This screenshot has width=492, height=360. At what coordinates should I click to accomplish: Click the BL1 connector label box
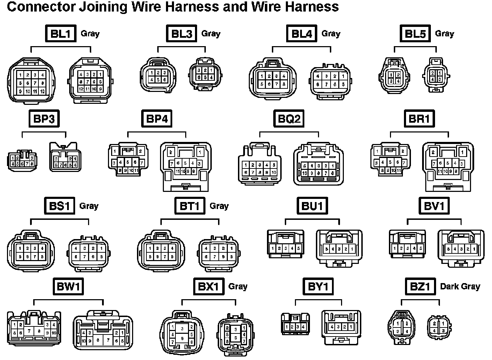click(x=61, y=34)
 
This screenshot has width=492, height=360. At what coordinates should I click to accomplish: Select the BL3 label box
click(x=181, y=34)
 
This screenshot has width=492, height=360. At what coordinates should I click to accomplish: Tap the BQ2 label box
click(x=289, y=119)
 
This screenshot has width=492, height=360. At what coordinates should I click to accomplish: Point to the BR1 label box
click(x=419, y=119)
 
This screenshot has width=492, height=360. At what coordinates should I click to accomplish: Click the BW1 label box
click(x=68, y=287)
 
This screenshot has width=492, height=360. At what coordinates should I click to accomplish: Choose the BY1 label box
click(x=318, y=287)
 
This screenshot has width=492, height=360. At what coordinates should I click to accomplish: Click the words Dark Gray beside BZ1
click(x=460, y=287)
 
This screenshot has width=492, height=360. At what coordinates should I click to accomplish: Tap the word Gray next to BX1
click(x=238, y=287)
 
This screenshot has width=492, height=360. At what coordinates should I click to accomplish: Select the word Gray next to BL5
click(x=444, y=34)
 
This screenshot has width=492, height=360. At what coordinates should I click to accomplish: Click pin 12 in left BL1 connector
click(x=42, y=91)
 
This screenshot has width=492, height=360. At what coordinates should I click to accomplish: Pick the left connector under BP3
click(x=22, y=160)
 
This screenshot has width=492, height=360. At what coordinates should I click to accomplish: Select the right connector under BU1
click(x=339, y=247)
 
